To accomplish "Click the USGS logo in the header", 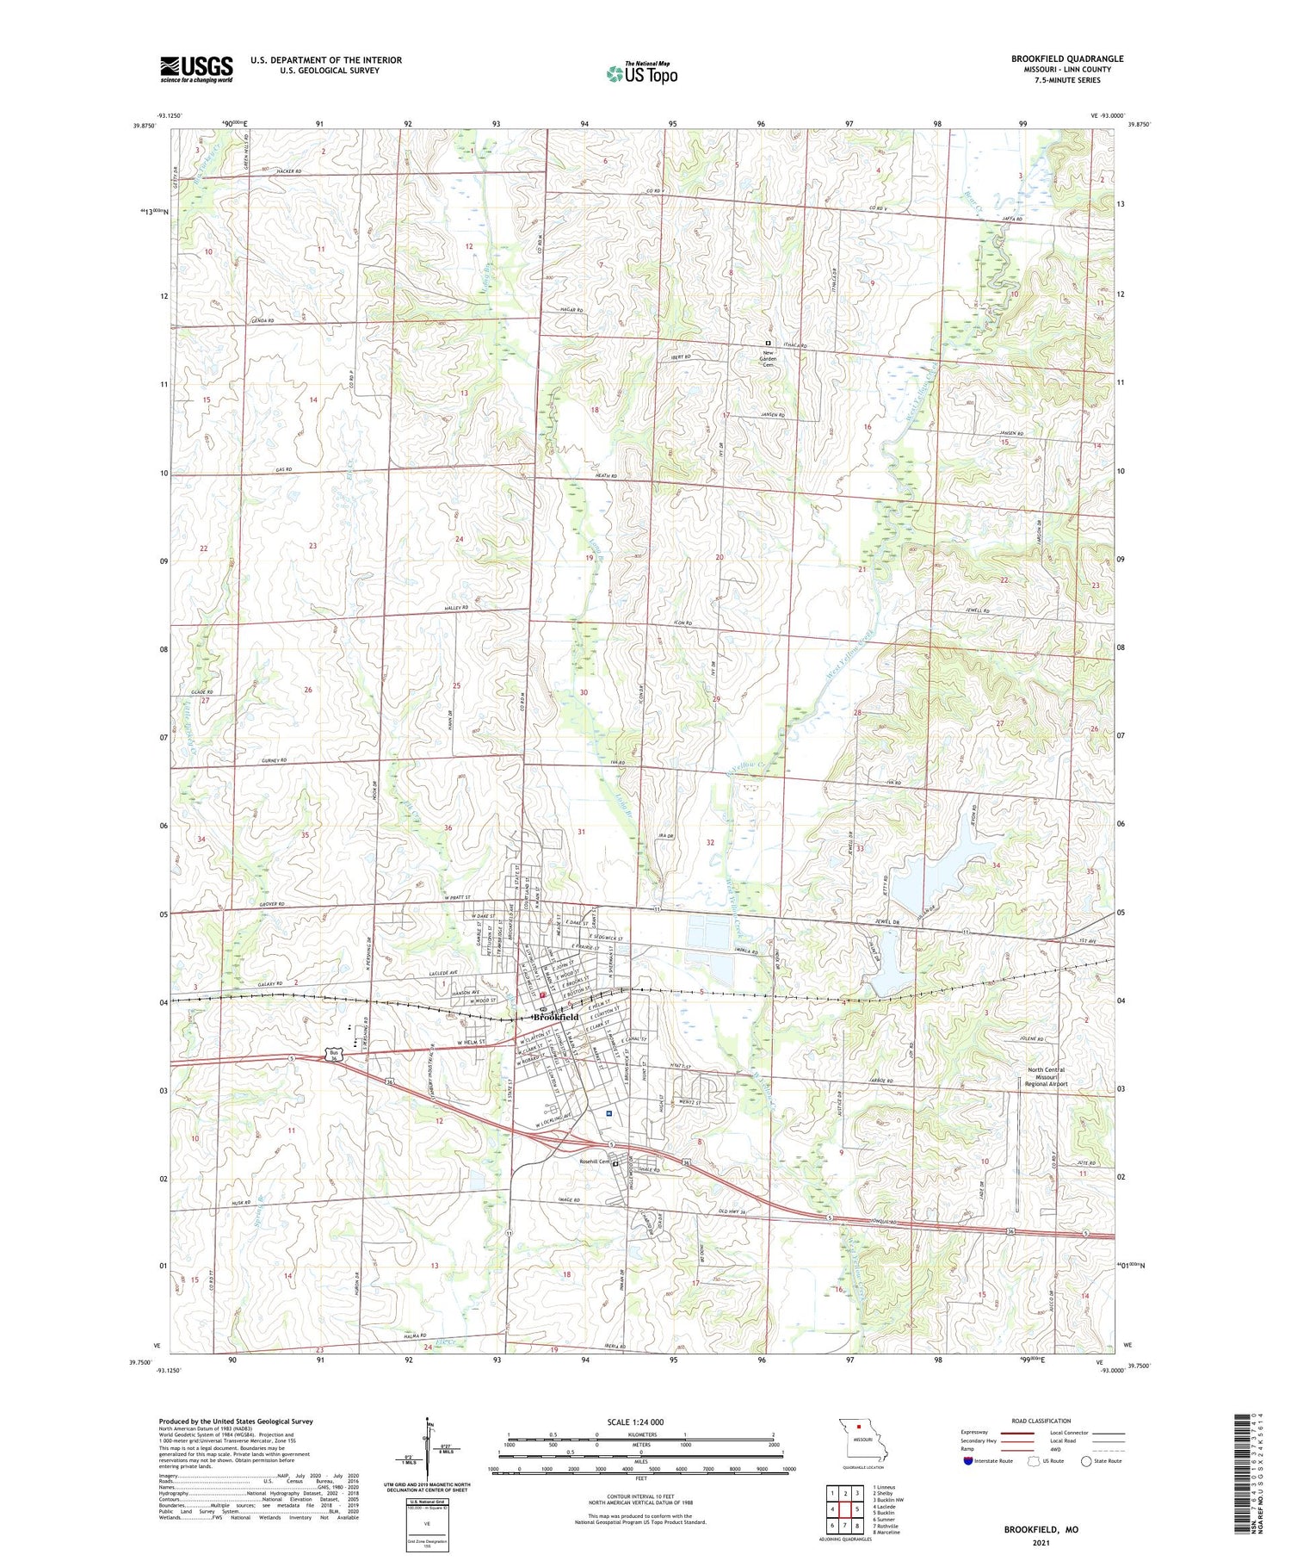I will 196,69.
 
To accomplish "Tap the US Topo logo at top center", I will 641,74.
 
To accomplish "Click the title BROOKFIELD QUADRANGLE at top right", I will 1066,59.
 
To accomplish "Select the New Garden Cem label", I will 768,358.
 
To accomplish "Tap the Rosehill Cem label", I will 594,1161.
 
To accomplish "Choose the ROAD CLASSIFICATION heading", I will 1041,1421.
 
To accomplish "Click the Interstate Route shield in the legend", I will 968,1461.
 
